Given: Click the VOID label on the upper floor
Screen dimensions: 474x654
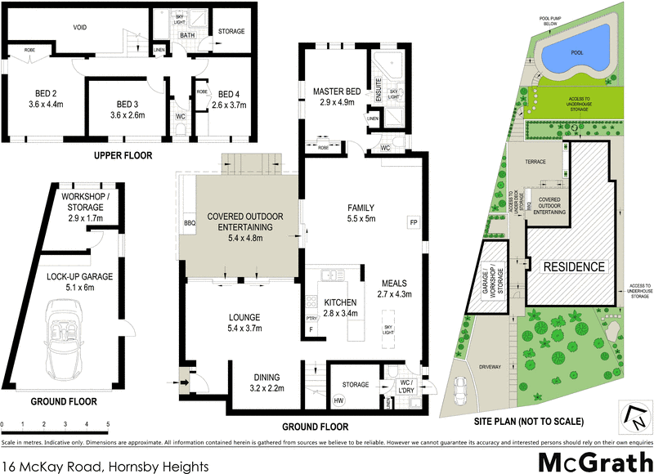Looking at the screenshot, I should (80, 28).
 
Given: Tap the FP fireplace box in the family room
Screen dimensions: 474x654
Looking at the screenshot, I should (412, 222).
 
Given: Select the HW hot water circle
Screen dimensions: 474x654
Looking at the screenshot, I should (338, 400).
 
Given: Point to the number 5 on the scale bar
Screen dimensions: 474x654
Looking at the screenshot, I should (108, 424).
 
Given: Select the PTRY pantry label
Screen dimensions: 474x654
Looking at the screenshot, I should (311, 319).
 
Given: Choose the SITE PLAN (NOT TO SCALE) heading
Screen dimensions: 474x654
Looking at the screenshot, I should (530, 422).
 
